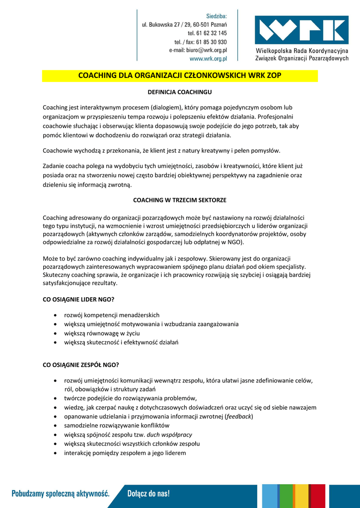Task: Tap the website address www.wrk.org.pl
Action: tap(208, 59)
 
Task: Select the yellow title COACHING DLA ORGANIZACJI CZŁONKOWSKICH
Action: tap(180, 76)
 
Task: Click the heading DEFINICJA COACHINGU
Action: tap(180, 92)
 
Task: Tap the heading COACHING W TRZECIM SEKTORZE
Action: tap(180, 200)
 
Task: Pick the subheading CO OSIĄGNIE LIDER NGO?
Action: tap(78, 299)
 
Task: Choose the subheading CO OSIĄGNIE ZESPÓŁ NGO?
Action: tap(81, 365)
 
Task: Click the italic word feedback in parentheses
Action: tap(239, 416)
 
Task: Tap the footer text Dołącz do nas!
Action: tap(148, 494)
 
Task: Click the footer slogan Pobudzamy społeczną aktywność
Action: tap(61, 494)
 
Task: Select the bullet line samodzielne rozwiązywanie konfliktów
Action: tap(117, 426)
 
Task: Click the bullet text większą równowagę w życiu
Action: tap(101, 333)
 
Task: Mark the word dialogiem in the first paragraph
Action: tap(168, 107)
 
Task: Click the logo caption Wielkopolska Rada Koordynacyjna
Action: tap(302, 51)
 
